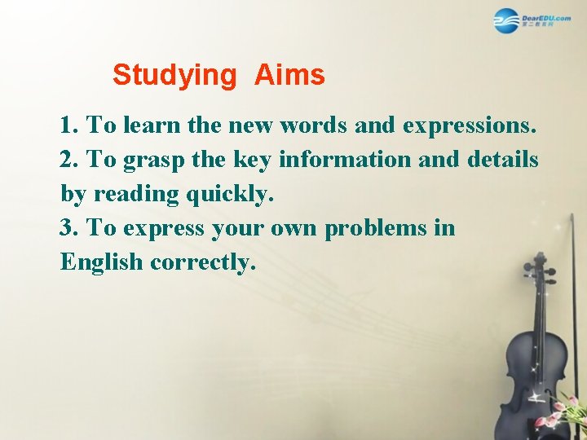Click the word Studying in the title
[173, 76]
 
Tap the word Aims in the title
[289, 76]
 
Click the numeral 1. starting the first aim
[69, 125]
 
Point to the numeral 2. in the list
[69, 160]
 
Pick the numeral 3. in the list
[69, 228]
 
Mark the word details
[503, 160]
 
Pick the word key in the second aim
[254, 161]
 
